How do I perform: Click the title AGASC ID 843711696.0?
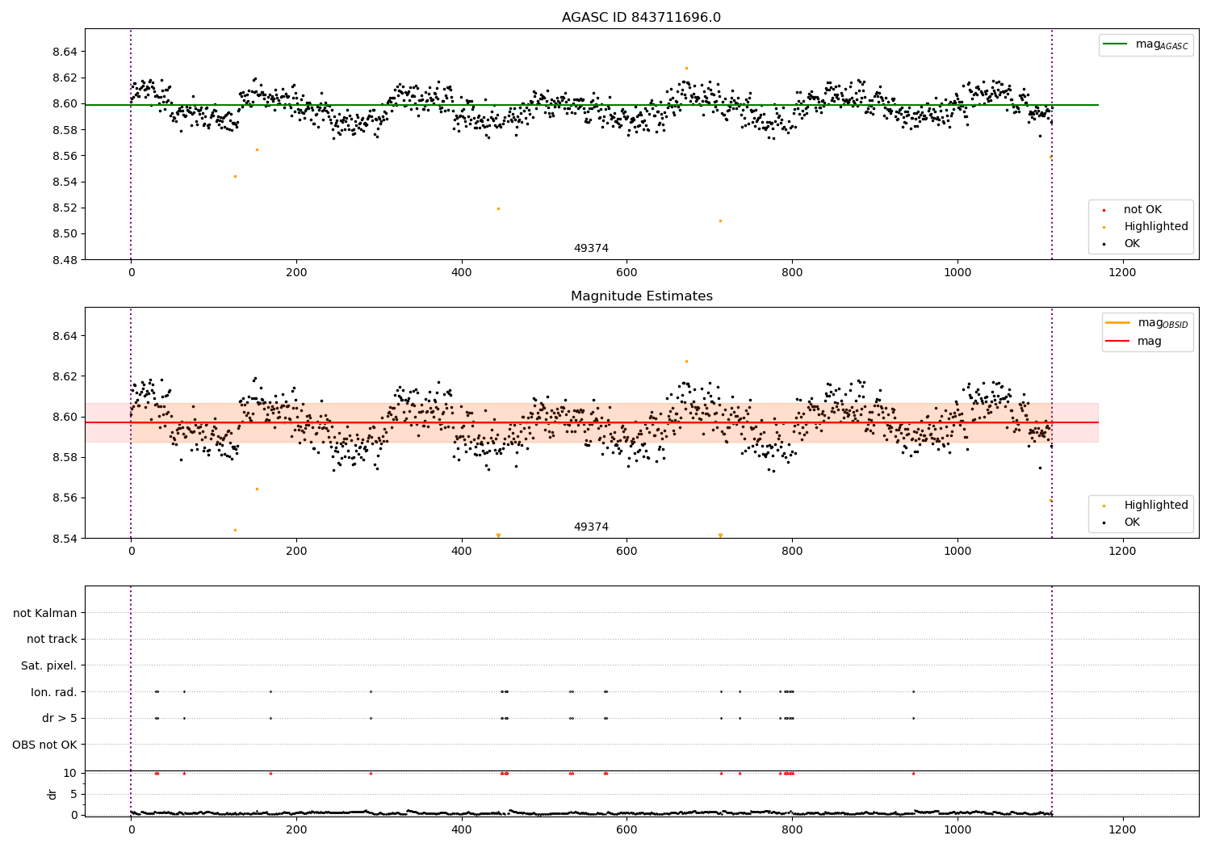(x=641, y=18)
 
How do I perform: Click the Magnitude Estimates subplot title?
(x=641, y=296)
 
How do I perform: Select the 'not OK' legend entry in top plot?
(x=1142, y=210)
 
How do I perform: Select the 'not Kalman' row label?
(x=45, y=613)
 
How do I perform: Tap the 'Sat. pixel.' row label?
(x=48, y=665)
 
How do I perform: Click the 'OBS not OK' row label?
(x=44, y=745)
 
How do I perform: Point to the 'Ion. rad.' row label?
(x=54, y=692)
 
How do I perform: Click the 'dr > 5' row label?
(x=60, y=718)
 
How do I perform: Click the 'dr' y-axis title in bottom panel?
(x=52, y=794)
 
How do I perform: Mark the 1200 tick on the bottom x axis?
(x=1122, y=829)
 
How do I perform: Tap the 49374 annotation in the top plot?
(x=591, y=249)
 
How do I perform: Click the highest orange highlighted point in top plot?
(x=686, y=68)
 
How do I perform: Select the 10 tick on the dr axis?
(x=70, y=773)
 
